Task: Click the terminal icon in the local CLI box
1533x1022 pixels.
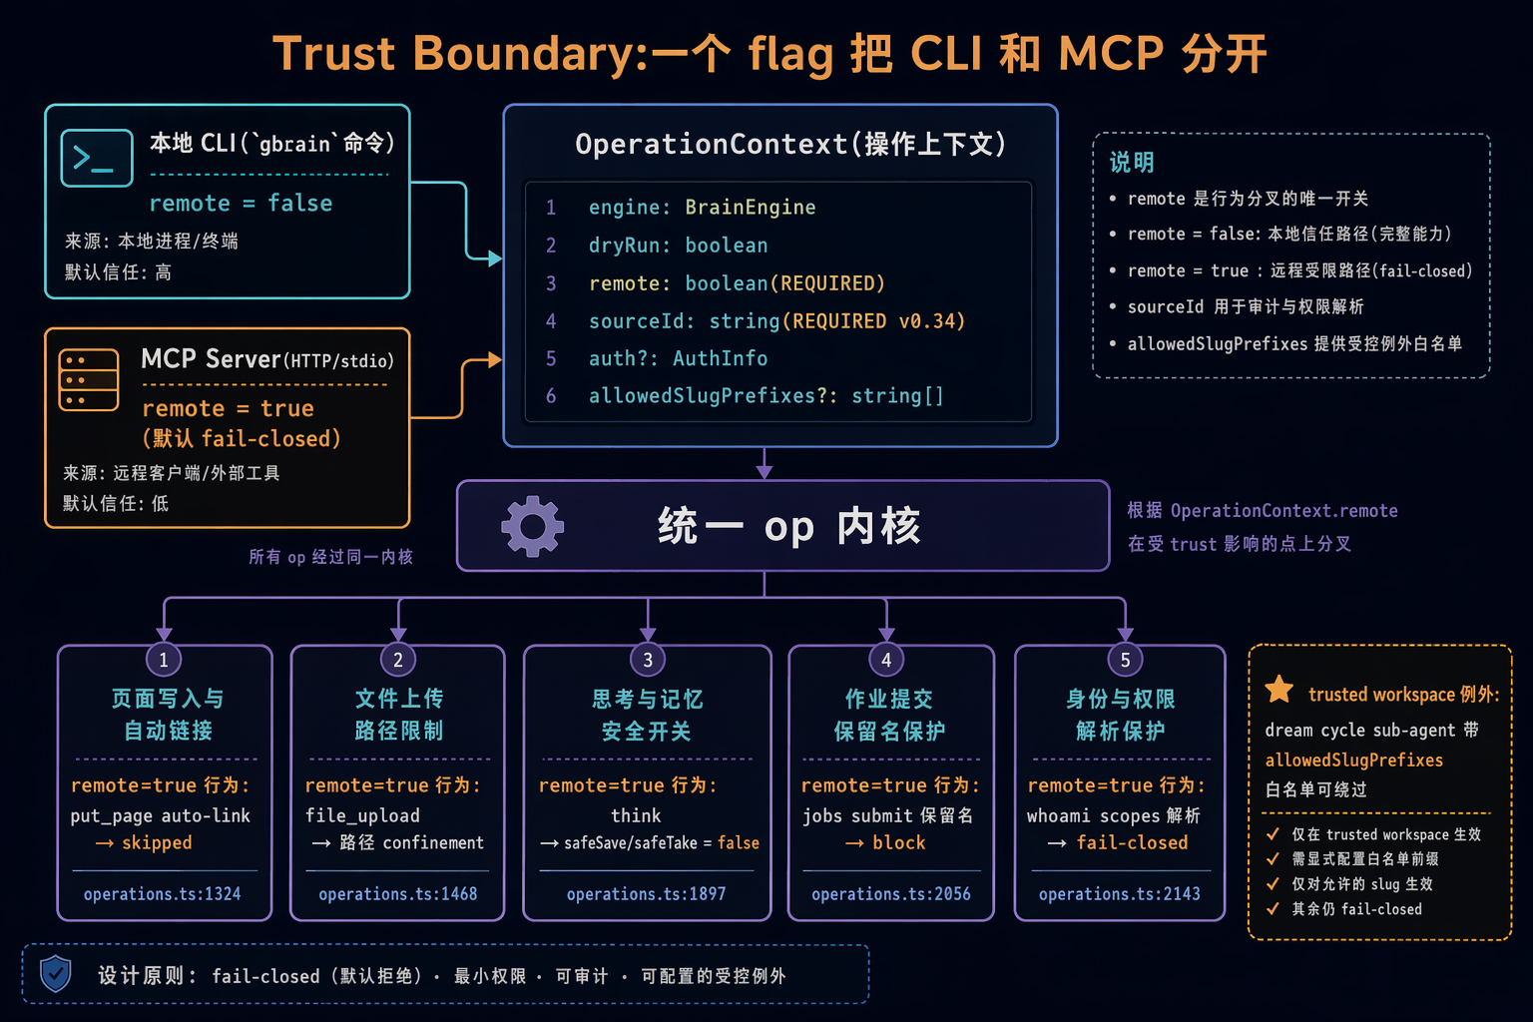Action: [97, 158]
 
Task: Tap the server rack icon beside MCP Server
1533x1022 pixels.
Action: [88, 380]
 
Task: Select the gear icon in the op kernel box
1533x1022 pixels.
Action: [532, 526]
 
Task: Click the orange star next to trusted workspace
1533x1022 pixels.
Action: [1279, 690]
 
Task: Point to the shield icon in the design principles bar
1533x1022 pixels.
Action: [56, 973]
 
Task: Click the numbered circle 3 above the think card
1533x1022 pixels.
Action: [648, 660]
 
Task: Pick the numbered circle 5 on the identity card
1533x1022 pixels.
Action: [1125, 660]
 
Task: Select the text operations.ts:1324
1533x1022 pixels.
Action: [163, 894]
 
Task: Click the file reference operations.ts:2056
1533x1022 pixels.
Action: [891, 894]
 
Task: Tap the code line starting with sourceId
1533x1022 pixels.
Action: [776, 321]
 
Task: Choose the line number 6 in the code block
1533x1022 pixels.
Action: [551, 395]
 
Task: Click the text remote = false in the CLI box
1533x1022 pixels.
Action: [241, 204]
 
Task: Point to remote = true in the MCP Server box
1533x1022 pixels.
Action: [228, 408]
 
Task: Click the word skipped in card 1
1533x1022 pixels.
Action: [157, 842]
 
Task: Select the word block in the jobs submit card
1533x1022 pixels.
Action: [898, 842]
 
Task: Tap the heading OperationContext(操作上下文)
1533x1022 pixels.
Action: [790, 145]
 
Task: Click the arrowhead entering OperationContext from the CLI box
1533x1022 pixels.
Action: [495, 258]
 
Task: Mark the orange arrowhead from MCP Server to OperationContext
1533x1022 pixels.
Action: [495, 360]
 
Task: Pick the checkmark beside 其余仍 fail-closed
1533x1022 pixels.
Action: [1273, 908]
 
